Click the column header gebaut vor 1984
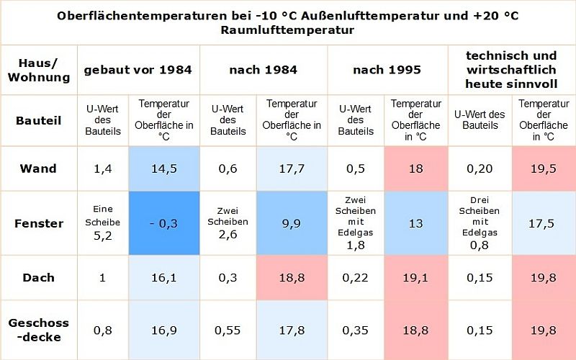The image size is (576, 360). (138, 70)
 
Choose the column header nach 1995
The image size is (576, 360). (387, 70)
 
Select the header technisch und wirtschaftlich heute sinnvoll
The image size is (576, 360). (511, 70)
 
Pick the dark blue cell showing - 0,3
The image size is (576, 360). (163, 223)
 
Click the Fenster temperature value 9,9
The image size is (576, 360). (291, 223)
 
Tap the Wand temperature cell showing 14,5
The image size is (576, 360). (163, 168)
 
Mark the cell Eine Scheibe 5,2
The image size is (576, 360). (102, 223)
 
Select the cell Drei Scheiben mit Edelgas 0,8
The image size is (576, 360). (480, 223)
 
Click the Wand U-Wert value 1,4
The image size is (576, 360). (102, 168)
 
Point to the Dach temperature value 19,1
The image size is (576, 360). (415, 277)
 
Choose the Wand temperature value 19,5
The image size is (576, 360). (543, 168)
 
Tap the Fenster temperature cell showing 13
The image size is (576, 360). (415, 223)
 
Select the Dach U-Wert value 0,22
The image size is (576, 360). (355, 277)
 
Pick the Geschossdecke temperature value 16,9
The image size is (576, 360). (163, 330)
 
